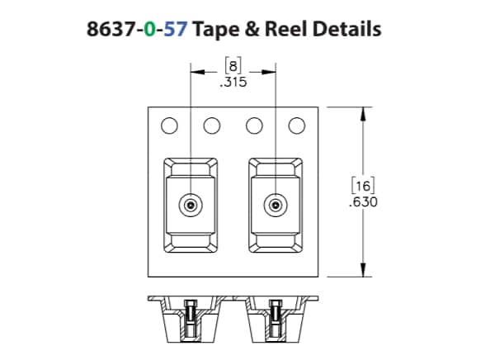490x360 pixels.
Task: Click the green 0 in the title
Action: [x=149, y=29]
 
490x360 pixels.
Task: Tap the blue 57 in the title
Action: [x=176, y=29]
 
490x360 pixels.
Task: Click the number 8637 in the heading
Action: [x=111, y=29]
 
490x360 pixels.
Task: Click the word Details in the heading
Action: [x=346, y=29]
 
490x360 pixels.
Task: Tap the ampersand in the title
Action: [x=252, y=29]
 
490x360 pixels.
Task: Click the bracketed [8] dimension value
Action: [x=233, y=66]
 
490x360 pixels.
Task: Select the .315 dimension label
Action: [x=233, y=82]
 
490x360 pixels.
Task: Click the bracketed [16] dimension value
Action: [x=363, y=186]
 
